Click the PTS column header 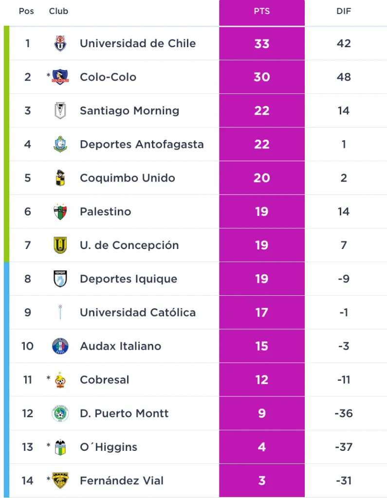pos(261,11)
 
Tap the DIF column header pos(344,11)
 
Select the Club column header pos(58,11)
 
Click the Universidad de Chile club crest pos(60,43)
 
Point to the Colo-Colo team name pos(108,77)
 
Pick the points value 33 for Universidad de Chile pos(261,43)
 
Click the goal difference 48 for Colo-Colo pos(344,77)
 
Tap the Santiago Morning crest pos(60,111)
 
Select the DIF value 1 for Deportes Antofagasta pos(344,144)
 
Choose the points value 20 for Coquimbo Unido pos(261,178)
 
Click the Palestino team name pos(105,212)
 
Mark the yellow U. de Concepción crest pos(60,245)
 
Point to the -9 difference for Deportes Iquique pos(344,279)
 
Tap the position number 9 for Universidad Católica pos(28,312)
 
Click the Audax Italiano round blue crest pos(60,346)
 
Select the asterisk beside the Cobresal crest pos(49,378)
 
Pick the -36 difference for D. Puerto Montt pos(344,413)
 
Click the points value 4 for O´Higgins pos(261,447)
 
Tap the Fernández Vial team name pos(122,480)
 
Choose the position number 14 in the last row pos(28,480)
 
